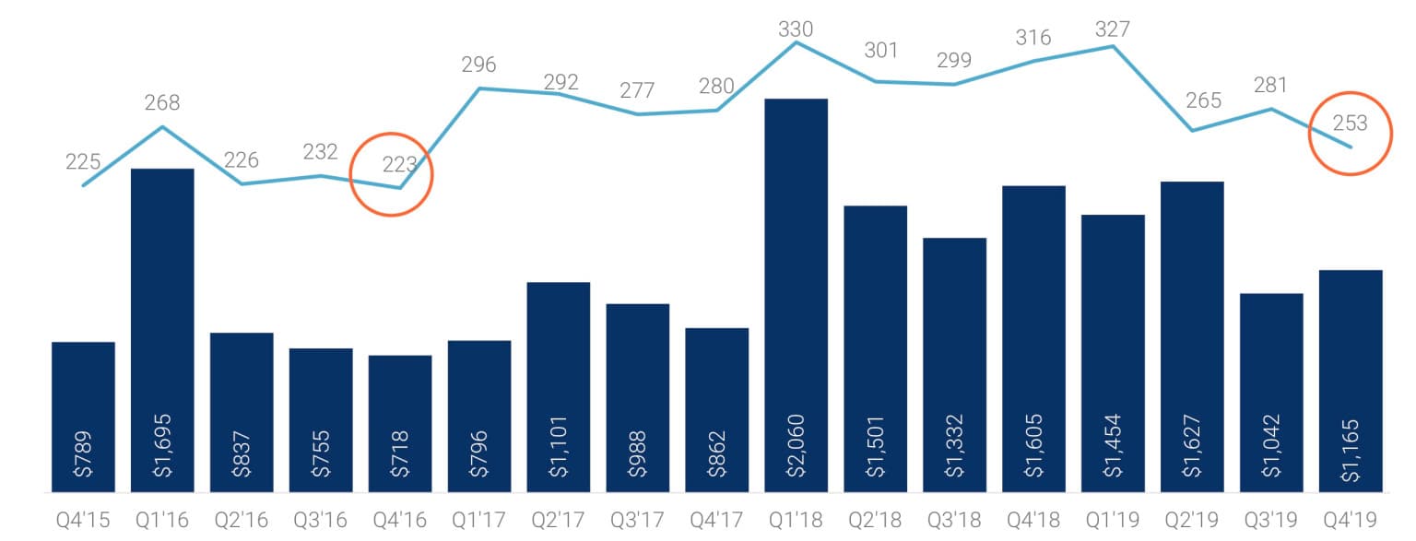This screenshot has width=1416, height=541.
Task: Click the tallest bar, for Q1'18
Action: tap(796, 295)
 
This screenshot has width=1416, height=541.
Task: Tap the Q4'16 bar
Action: tap(400, 423)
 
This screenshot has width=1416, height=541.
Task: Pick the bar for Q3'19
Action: tap(1271, 393)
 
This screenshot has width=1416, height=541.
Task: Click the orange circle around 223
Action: tap(391, 173)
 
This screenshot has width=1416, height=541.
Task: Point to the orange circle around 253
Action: tap(1350, 133)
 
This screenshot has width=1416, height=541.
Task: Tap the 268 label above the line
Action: tap(162, 102)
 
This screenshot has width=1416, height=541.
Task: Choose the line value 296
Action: tap(478, 65)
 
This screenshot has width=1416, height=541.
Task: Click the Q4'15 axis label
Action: tap(83, 521)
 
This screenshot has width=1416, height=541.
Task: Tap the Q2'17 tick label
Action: tap(559, 521)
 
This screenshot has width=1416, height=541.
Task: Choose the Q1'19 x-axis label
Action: tap(1113, 521)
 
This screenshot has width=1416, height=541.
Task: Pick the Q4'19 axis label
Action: tap(1351, 521)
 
